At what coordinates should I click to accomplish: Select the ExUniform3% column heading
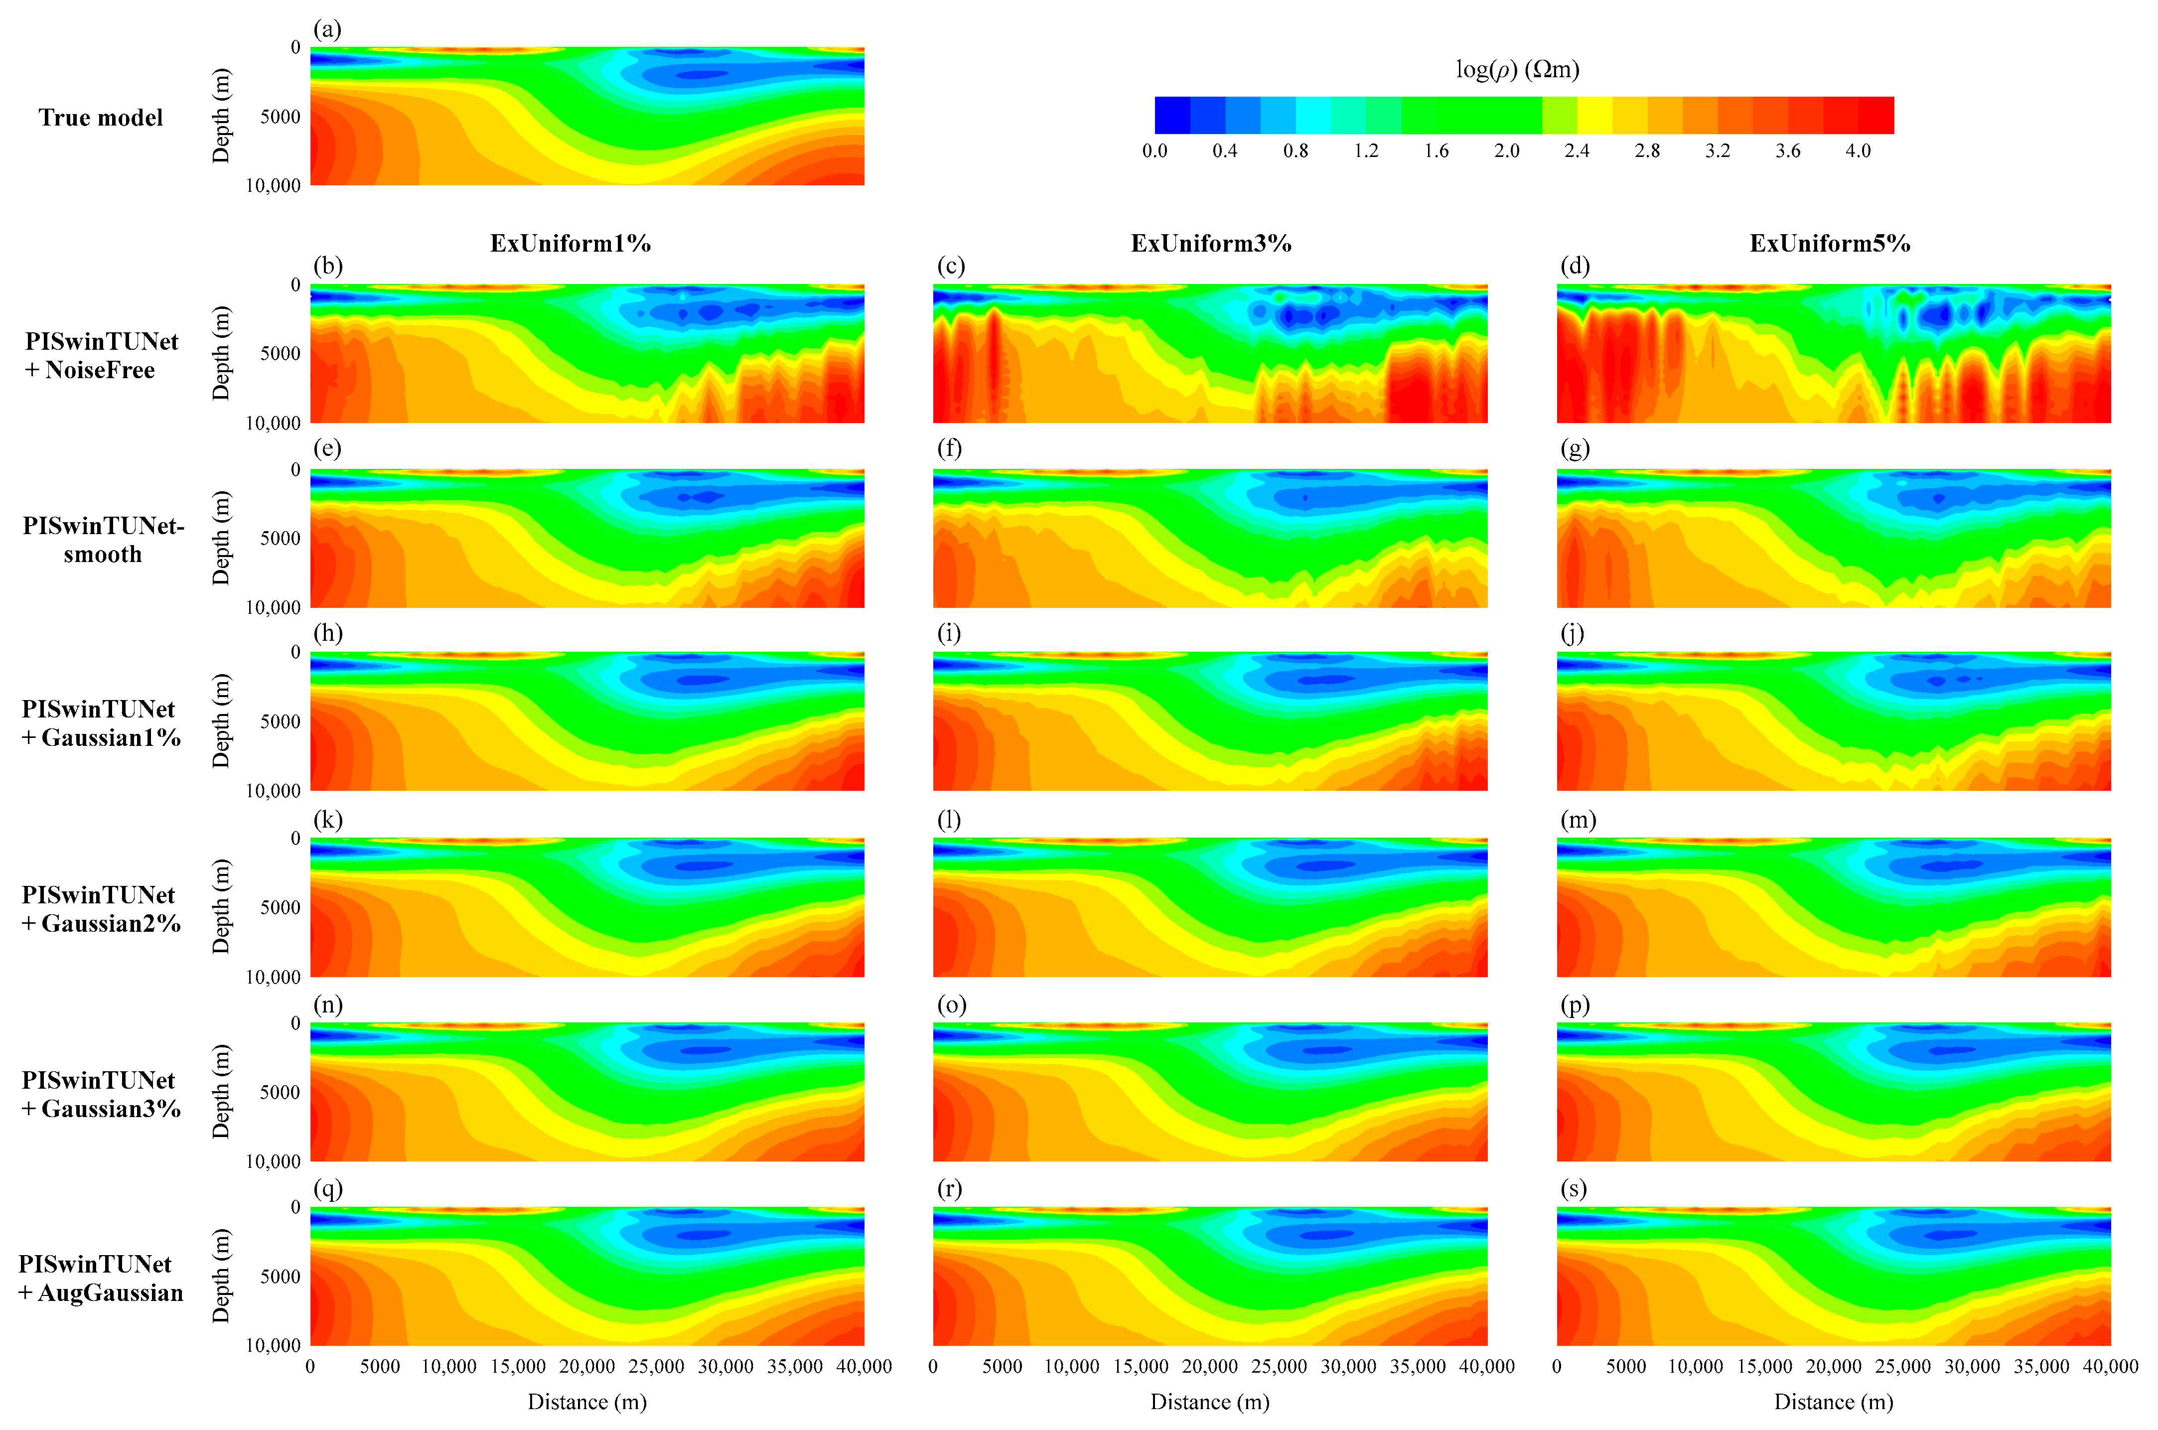pyautogui.click(x=1210, y=244)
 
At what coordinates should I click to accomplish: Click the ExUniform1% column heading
pyautogui.click(x=570, y=244)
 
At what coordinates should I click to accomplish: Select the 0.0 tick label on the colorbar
pyautogui.click(x=1154, y=150)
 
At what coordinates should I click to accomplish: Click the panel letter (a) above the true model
pyautogui.click(x=326, y=29)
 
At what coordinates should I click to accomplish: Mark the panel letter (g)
pyautogui.click(x=1574, y=449)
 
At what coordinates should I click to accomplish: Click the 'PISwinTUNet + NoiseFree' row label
pyautogui.click(x=101, y=356)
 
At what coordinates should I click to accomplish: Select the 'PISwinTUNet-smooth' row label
pyautogui.click(x=103, y=540)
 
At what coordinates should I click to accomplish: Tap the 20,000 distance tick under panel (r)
pyautogui.click(x=1209, y=1366)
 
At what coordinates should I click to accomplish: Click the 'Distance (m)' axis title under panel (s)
pyautogui.click(x=1833, y=1402)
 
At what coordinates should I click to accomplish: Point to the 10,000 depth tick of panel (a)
pyautogui.click(x=273, y=185)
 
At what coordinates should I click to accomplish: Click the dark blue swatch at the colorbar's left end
pyautogui.click(x=1172, y=115)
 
